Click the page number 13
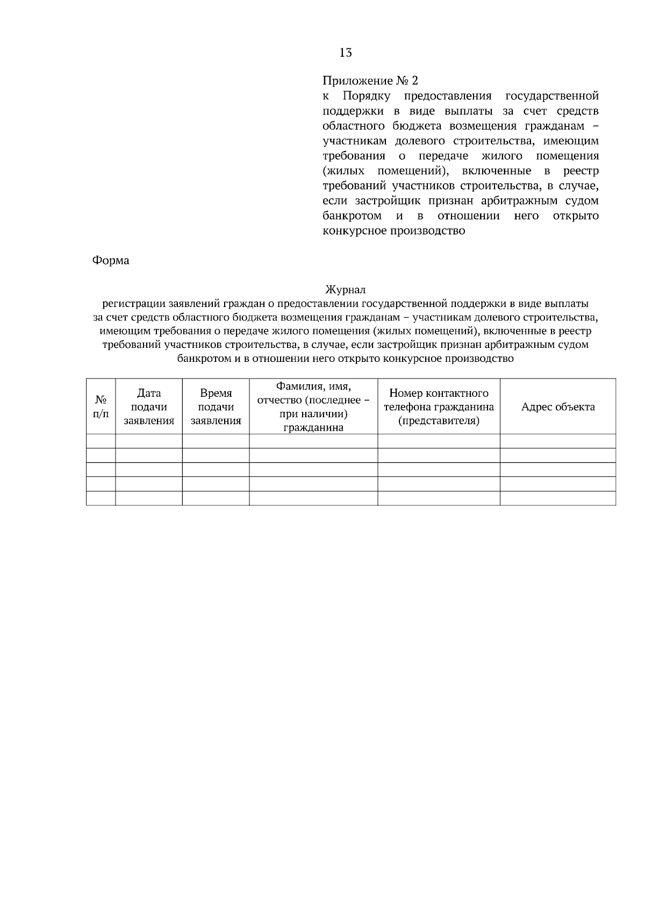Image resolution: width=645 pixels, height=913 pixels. [x=346, y=53]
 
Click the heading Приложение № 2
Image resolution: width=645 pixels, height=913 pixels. [x=370, y=81]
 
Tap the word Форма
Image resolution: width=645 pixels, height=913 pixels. [x=111, y=261]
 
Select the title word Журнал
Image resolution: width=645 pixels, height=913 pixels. [x=346, y=290]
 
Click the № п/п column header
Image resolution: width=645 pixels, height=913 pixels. [x=101, y=407]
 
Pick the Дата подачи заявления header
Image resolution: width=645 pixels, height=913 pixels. [x=149, y=407]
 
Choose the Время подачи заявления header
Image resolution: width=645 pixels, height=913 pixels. [x=216, y=407]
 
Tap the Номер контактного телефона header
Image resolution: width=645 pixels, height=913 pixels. [x=439, y=407]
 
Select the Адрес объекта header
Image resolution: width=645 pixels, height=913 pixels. [x=558, y=407]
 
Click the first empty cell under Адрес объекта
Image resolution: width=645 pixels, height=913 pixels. [x=558, y=441]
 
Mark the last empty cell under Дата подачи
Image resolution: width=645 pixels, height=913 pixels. [x=149, y=498]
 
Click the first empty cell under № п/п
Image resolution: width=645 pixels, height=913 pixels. [x=101, y=441]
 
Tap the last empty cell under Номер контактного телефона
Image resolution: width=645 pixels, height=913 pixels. [x=439, y=498]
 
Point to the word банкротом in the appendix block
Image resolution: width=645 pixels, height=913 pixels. [x=352, y=216]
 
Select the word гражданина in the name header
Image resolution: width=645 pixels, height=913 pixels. [x=313, y=428]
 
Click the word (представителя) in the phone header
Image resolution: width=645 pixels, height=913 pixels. [x=439, y=421]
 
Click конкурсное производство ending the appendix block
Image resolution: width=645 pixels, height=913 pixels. [x=393, y=232]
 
